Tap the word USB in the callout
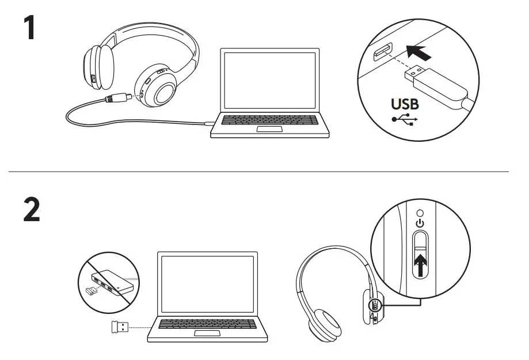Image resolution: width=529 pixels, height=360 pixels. pyautogui.click(x=405, y=105)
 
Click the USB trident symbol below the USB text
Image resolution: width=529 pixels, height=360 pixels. pyautogui.click(x=405, y=120)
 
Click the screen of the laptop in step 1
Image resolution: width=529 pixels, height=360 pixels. pyautogui.click(x=270, y=81)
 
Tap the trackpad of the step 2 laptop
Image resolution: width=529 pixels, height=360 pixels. pyautogui.click(x=207, y=334)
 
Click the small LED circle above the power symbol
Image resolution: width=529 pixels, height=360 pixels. pyautogui.click(x=420, y=211)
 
